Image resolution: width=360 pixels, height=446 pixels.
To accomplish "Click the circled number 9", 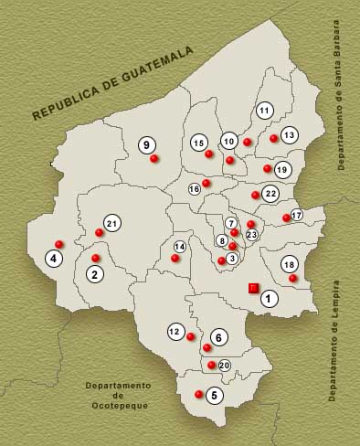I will [147, 144].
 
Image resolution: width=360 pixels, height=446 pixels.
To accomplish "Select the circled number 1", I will [268, 298].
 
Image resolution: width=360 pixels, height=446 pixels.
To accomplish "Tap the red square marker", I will [254, 289].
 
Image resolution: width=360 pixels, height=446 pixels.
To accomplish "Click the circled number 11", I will [264, 111].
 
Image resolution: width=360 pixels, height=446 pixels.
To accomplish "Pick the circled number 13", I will [289, 135].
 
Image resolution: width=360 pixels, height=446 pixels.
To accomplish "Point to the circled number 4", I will [54, 259].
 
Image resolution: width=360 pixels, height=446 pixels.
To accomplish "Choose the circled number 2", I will [94, 273].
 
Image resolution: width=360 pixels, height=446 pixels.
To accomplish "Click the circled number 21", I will [111, 223].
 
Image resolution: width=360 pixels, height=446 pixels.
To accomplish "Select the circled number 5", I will [214, 396].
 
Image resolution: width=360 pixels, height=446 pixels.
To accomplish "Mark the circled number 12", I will [175, 332].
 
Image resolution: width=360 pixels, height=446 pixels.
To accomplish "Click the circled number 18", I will [289, 263].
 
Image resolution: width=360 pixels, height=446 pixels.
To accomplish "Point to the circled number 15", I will [198, 142].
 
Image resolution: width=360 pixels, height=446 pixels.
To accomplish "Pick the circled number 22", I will [270, 194].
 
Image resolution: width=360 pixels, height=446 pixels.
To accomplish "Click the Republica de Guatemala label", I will [113, 82].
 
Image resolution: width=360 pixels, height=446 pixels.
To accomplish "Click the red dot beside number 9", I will [154, 159].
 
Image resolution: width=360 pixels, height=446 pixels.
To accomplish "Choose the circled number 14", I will [180, 247].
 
